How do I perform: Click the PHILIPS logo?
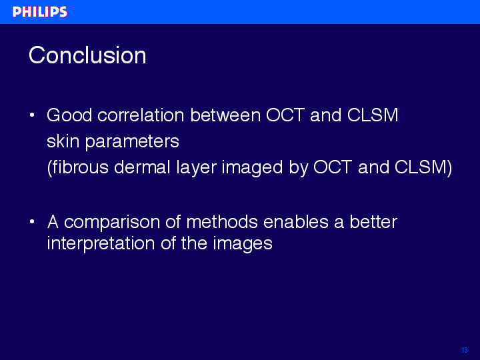pyautogui.click(x=40, y=12)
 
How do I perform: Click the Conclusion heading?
pyautogui.click(x=87, y=55)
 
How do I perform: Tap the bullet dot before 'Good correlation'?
pyautogui.click(x=32, y=115)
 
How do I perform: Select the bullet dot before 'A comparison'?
pyautogui.click(x=32, y=221)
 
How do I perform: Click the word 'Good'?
pyautogui.click(x=69, y=115)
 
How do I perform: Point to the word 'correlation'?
pyautogui.click(x=141, y=115)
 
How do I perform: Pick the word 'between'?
pyautogui.click(x=225, y=115)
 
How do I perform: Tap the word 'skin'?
pyautogui.click(x=63, y=141)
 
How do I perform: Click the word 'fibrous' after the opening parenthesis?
pyautogui.click(x=80, y=167)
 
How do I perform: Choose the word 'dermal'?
pyautogui.click(x=142, y=167)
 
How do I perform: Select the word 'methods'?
pyautogui.click(x=222, y=221)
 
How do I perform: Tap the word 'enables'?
pyautogui.click(x=296, y=221)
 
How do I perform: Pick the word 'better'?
pyautogui.click(x=373, y=221)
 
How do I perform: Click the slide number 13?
pyautogui.click(x=465, y=350)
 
